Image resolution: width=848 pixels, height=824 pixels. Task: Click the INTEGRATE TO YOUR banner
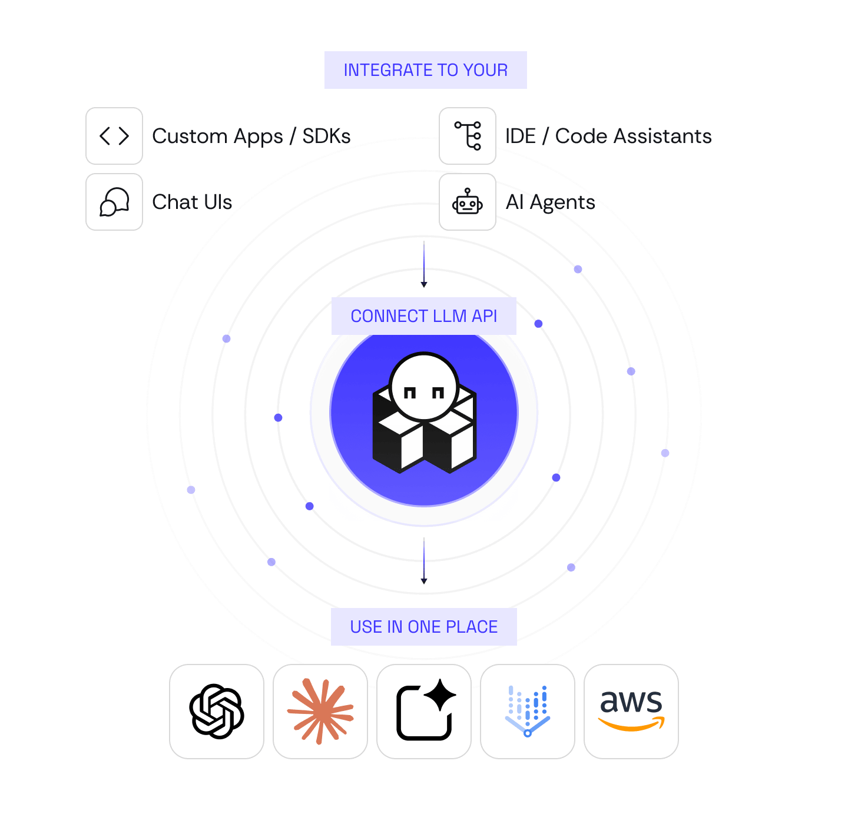point(425,69)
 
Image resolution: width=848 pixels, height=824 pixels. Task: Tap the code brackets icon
point(114,136)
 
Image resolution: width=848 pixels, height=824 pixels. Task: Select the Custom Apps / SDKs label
point(251,137)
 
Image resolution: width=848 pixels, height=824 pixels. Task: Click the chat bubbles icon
point(114,202)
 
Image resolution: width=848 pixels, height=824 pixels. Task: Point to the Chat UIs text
point(192,202)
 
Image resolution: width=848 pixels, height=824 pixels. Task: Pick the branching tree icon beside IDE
point(467,136)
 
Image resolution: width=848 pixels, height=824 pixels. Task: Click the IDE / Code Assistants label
point(608,137)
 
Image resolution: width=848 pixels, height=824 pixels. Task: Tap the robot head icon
point(467,201)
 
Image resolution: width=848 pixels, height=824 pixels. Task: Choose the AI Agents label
point(550,202)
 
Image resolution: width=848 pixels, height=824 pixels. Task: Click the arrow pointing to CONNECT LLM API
point(423,264)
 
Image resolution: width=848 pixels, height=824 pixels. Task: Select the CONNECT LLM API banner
point(423,315)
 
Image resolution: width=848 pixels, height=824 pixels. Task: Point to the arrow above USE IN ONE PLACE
point(423,560)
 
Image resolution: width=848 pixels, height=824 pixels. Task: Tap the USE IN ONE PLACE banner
point(423,626)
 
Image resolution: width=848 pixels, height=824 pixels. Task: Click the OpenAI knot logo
point(217,711)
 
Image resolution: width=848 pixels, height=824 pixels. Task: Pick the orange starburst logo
point(320,711)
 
